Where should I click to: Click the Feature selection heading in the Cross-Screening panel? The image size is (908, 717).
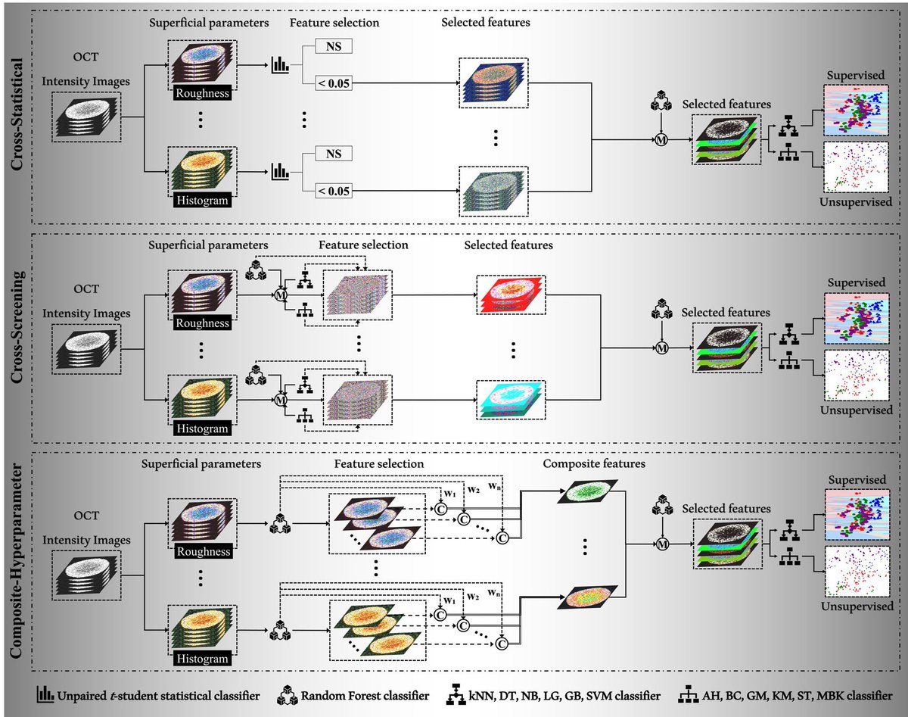click(363, 245)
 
